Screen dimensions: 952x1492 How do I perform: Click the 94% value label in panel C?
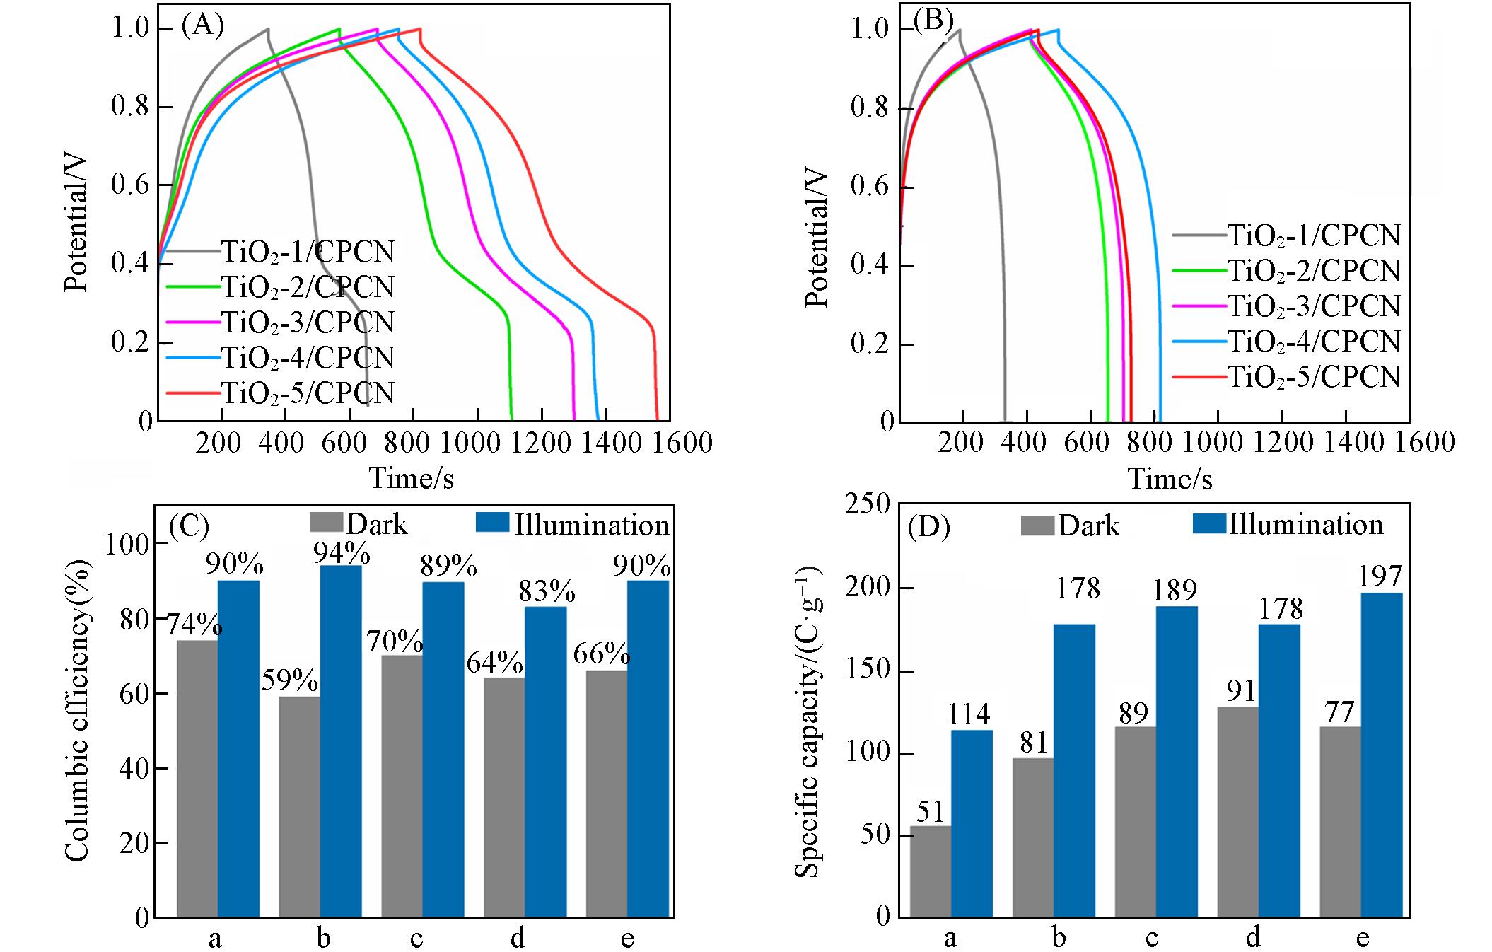(342, 553)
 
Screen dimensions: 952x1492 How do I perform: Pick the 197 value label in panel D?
(1380, 577)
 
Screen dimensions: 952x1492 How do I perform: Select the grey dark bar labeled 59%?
(300, 806)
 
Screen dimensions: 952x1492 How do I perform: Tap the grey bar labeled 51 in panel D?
(930, 871)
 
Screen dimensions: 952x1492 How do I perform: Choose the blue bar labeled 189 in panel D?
(1177, 761)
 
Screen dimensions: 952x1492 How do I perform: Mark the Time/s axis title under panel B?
(1170, 479)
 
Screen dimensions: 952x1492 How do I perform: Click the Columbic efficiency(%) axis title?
(77, 710)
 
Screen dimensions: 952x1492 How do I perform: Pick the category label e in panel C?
(626, 938)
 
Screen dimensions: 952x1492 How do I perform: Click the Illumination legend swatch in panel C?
(492, 523)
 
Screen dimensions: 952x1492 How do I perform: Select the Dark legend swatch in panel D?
(1037, 526)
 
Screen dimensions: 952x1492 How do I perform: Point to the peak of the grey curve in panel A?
(268, 29)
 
